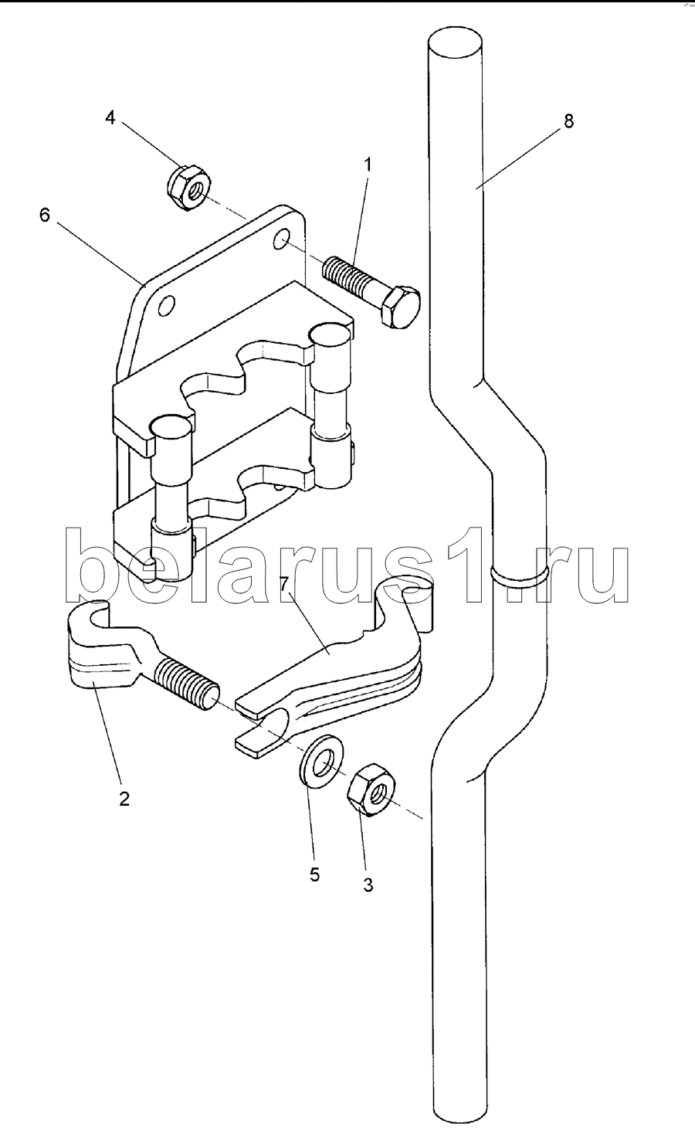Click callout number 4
110,117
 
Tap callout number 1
368,164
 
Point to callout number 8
569,121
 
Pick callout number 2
124,799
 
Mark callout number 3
368,885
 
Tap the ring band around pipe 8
519,575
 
